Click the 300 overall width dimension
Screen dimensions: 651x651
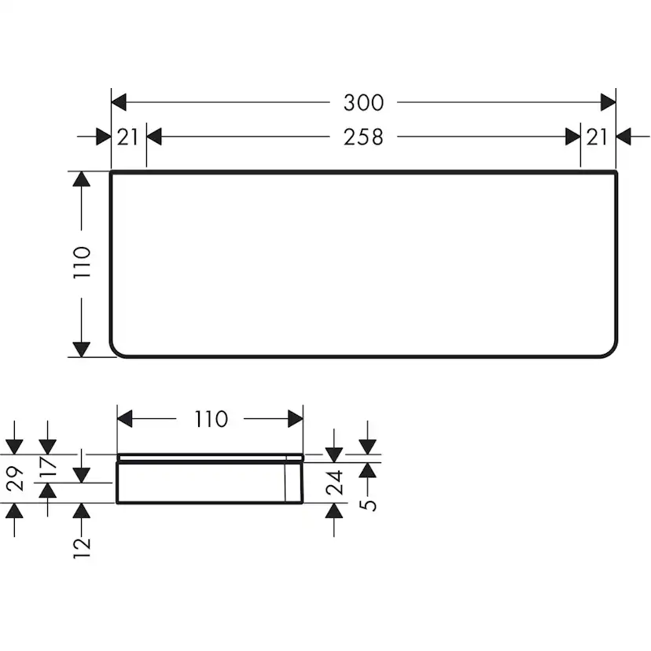363,102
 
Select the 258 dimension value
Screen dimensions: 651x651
363,137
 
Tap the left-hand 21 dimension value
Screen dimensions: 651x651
127,137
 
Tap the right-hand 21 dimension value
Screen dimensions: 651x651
597,137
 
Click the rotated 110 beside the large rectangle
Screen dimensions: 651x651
83,263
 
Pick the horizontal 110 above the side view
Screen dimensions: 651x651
210,419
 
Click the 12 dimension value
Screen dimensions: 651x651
82,542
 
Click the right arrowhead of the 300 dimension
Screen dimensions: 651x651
608,102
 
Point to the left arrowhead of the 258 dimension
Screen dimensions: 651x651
154,137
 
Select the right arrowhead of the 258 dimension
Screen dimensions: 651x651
572,137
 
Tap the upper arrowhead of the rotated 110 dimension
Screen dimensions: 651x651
82,179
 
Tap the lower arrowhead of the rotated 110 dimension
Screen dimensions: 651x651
82,348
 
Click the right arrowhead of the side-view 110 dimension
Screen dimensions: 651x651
296,419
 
